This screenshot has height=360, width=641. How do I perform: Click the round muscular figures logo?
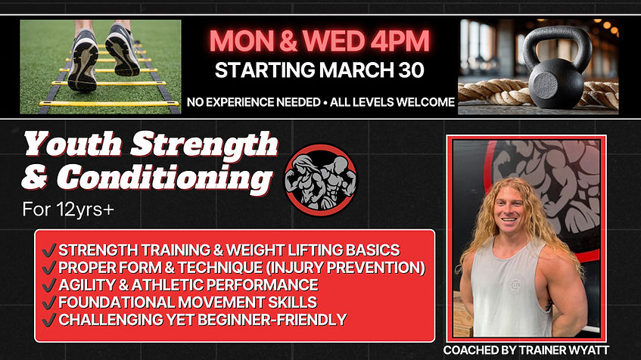coord(319,179)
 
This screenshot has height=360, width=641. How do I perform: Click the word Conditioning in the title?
coord(165,178)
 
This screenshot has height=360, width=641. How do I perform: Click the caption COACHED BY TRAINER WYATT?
coord(527,350)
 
